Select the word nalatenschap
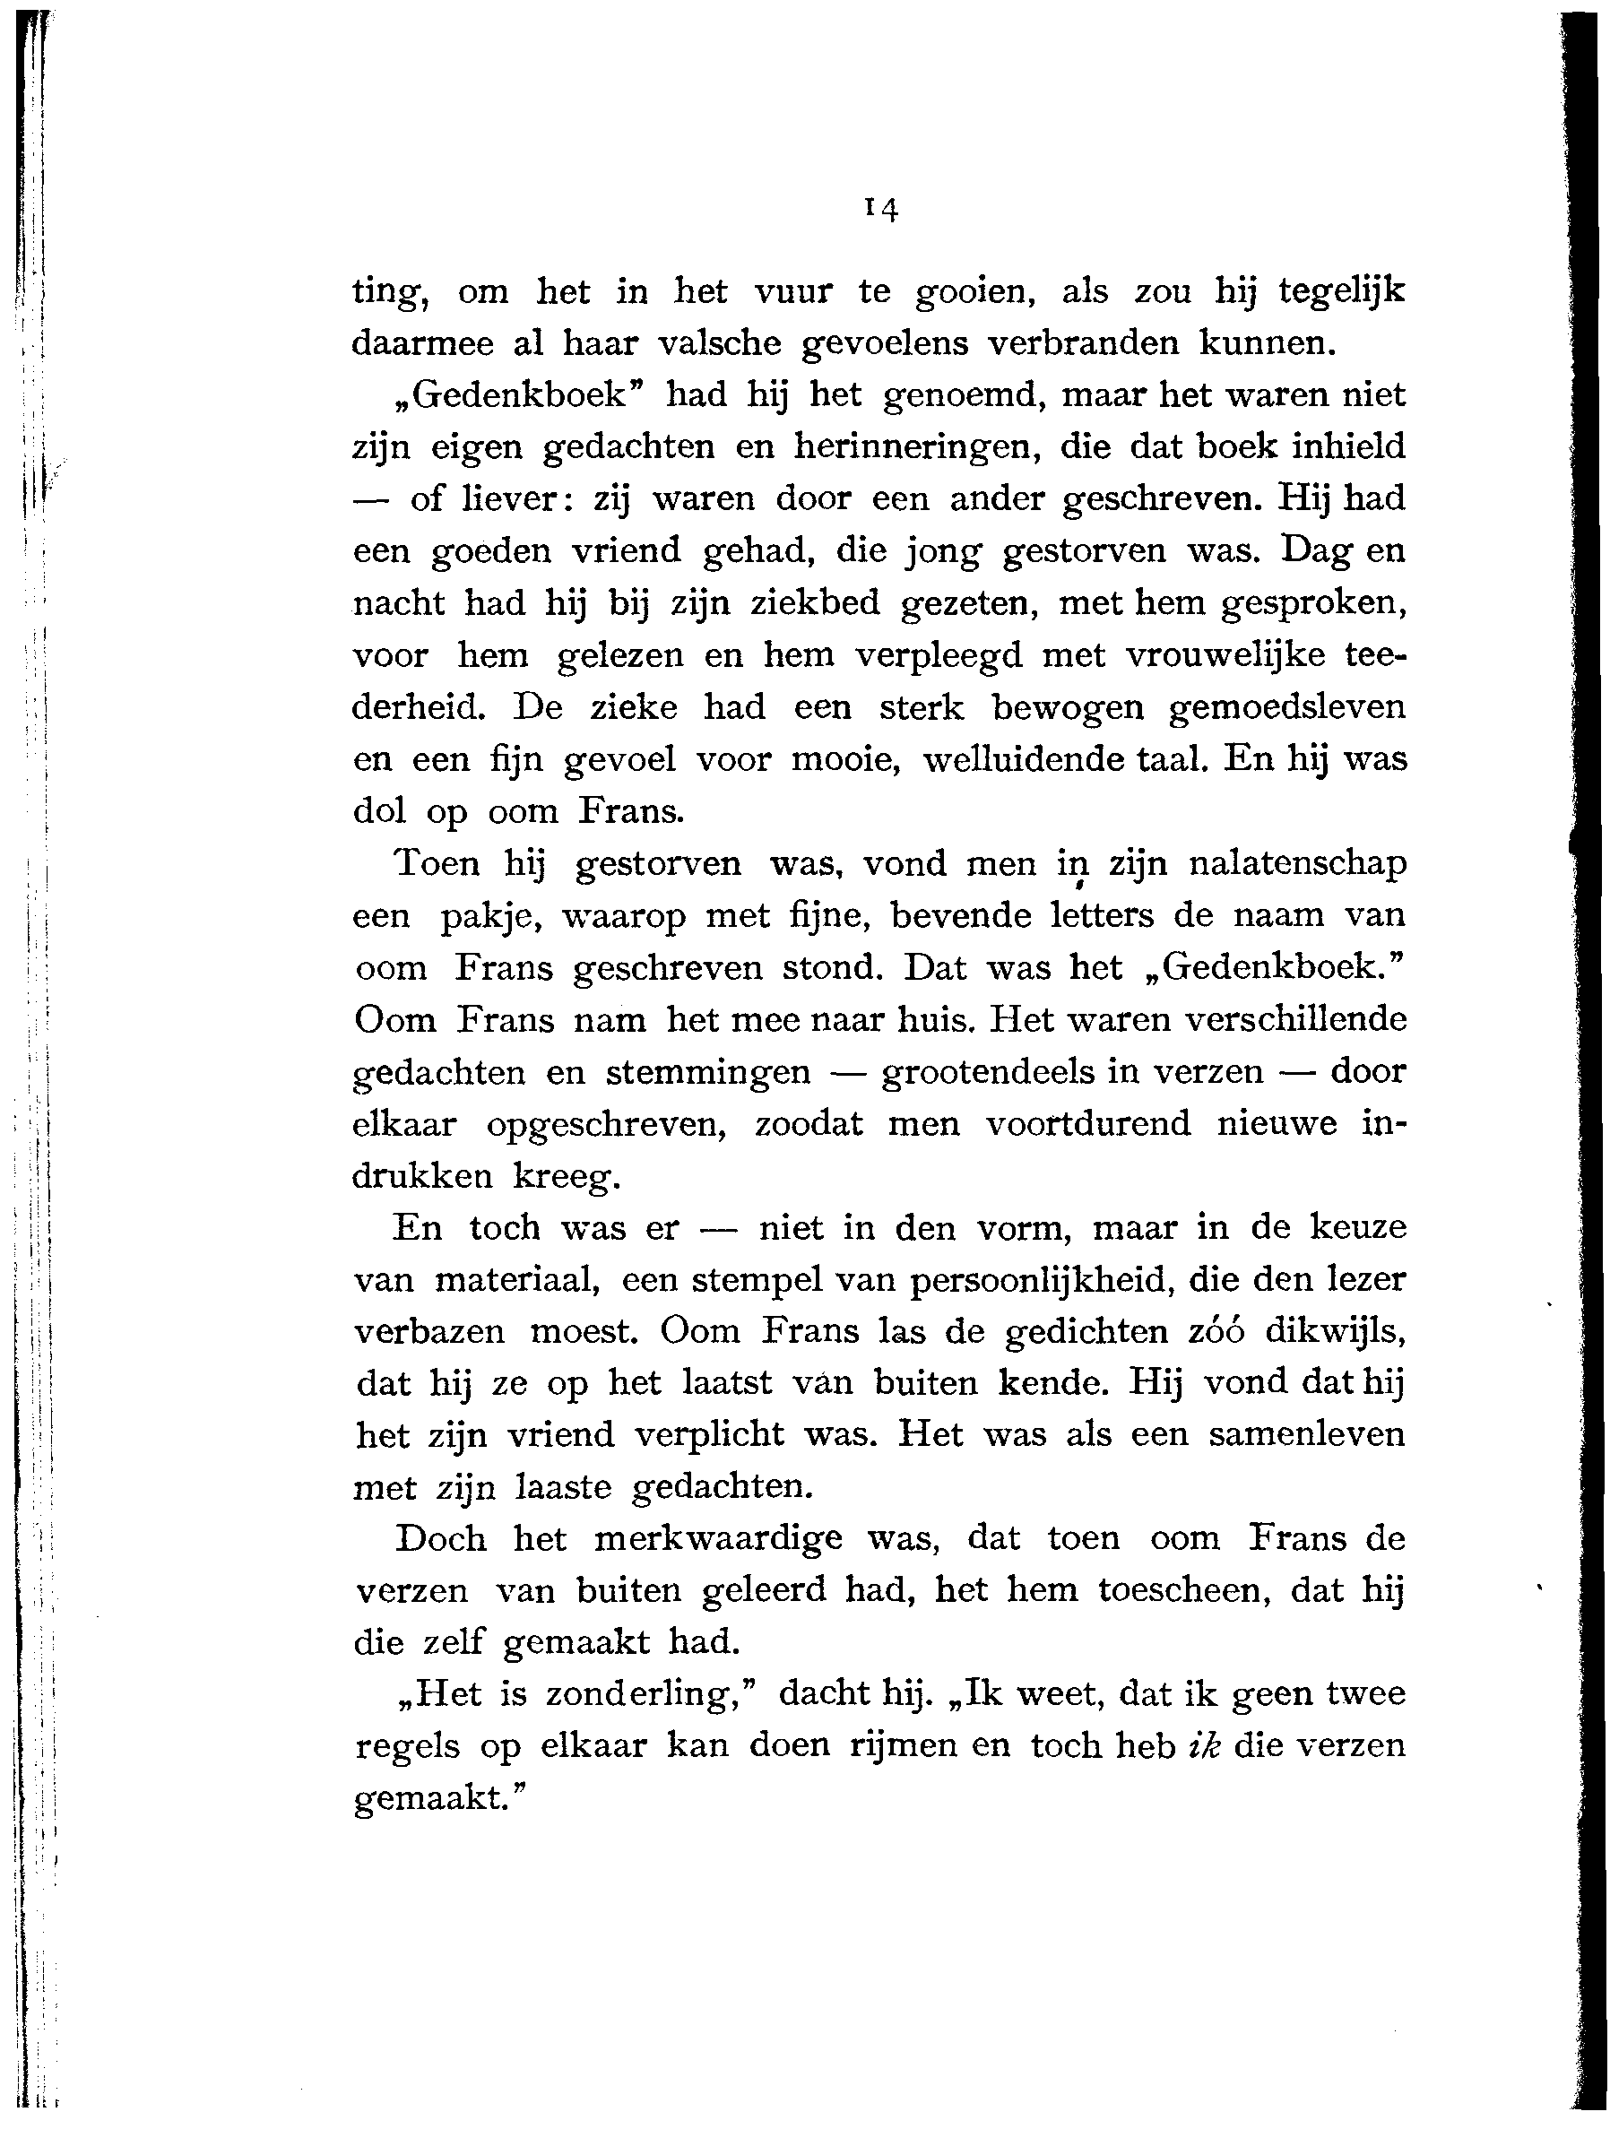pyautogui.click(x=1297, y=863)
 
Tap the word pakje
pyautogui.click(x=481, y=916)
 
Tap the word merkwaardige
pyautogui.click(x=718, y=1540)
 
